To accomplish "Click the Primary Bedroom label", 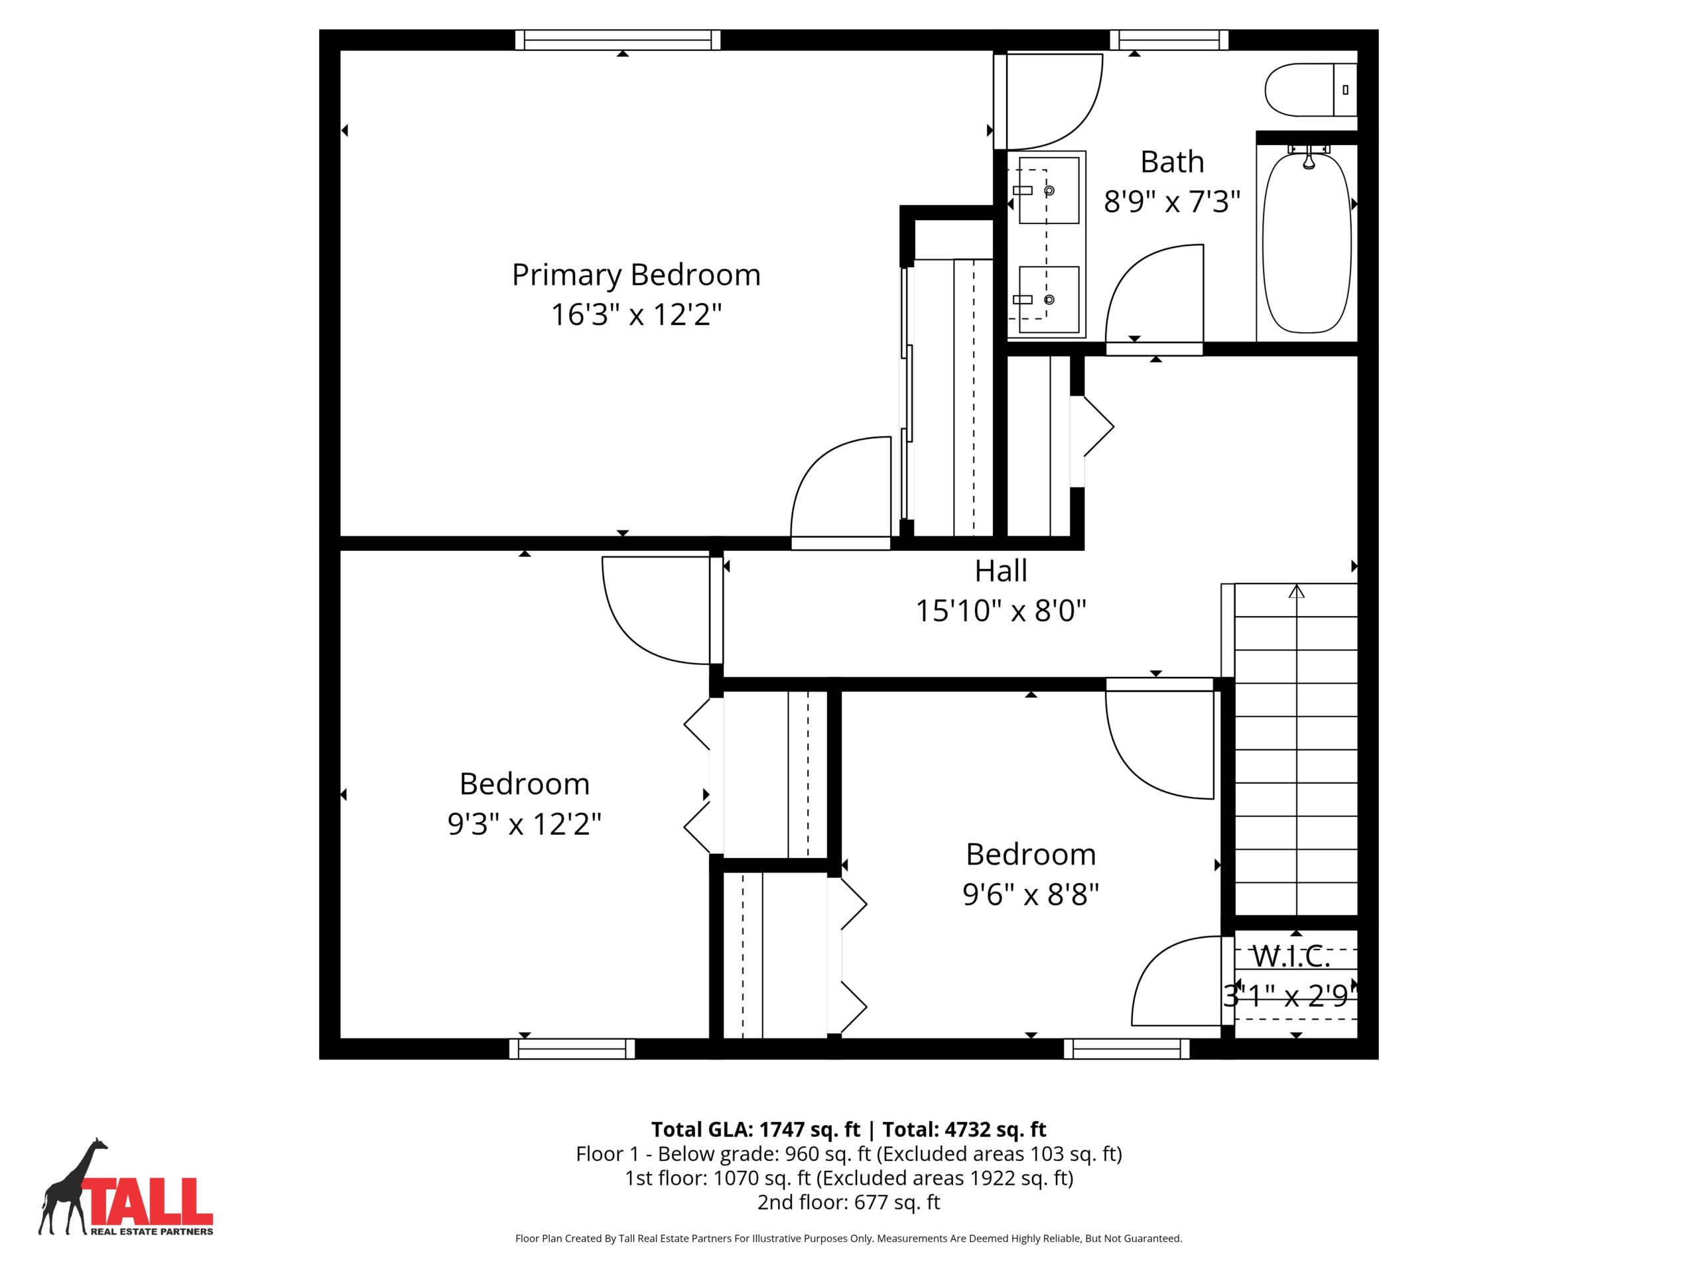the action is (x=635, y=275).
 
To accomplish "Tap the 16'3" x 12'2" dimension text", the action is (x=636, y=315).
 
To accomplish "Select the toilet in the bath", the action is (x=1311, y=90).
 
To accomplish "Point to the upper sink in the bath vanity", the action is (x=1049, y=190).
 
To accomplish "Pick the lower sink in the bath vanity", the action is (x=1049, y=299).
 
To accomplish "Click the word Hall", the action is (x=1001, y=571).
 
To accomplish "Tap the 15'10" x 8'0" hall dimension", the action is (x=1001, y=611).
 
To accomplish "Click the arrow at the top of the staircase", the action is (x=1297, y=591).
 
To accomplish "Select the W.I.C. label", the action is (x=1291, y=956).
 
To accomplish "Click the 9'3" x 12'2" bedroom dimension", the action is (x=524, y=824).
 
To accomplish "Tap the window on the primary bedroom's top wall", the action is (x=618, y=40).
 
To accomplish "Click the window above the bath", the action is (x=1169, y=40).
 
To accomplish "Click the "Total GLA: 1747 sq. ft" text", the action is (x=756, y=1130).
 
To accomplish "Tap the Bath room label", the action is (x=1172, y=162).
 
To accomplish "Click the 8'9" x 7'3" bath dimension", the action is (x=1172, y=202).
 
